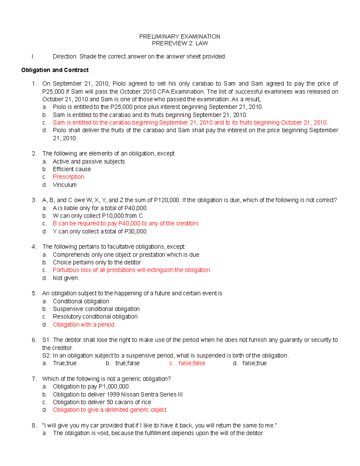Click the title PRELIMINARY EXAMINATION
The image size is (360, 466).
pyautogui.click(x=179, y=37)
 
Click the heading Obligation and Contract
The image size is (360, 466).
pyautogui.click(x=55, y=70)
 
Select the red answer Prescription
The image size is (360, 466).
pyautogui.click(x=68, y=177)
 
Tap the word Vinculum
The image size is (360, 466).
pyautogui.click(x=64, y=185)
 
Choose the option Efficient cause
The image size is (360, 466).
pyautogui.click(x=72, y=169)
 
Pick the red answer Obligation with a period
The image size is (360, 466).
pyautogui.click(x=83, y=324)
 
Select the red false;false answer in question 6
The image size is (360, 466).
pyautogui.click(x=192, y=363)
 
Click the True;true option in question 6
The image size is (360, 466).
pyautogui.click(x=64, y=363)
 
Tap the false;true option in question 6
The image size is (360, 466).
pyautogui.click(x=254, y=363)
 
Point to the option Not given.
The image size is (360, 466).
pyautogui.click(x=66, y=278)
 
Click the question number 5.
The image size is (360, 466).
pyautogui.click(x=34, y=293)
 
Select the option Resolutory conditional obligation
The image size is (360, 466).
pyautogui.click(x=95, y=317)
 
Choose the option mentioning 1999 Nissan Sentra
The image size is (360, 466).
pyautogui.click(x=118, y=394)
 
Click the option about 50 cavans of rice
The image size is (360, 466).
pyautogui.click(x=102, y=402)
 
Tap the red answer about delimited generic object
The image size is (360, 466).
pyautogui.click(x=109, y=410)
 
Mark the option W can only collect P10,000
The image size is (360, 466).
pyautogui.click(x=98, y=216)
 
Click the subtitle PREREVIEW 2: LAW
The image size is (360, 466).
pyautogui.click(x=180, y=44)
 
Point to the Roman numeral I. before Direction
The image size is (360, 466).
pyautogui.click(x=33, y=56)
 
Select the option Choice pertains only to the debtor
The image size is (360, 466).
pyautogui.click(x=97, y=262)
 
